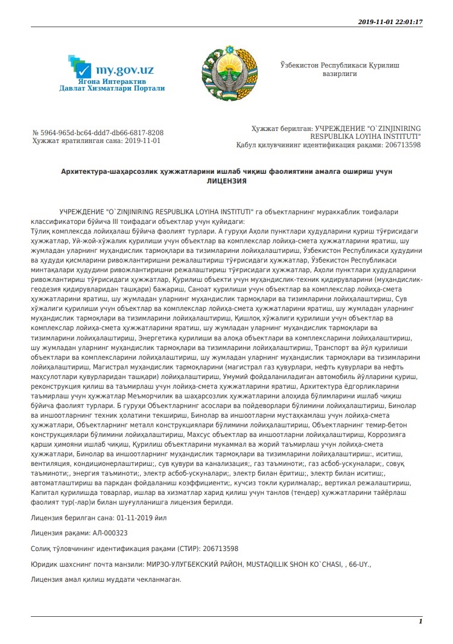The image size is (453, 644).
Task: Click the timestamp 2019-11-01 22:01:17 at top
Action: [390, 22]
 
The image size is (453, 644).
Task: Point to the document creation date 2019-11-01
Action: [143, 141]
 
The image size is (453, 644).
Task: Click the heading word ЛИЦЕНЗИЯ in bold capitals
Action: [226, 180]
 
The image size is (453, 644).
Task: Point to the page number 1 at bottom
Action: [420, 621]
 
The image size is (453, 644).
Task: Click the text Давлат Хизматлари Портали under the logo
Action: [112, 88]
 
